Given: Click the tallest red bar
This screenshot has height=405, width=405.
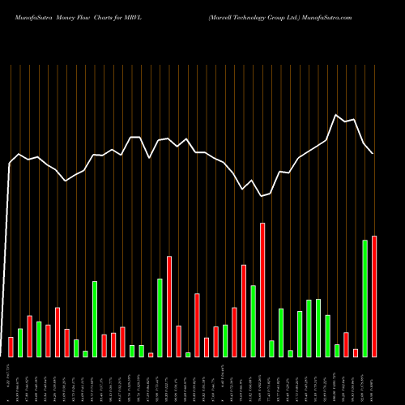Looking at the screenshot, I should [x=262, y=290].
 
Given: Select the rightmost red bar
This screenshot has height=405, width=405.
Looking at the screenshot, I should [x=374, y=296].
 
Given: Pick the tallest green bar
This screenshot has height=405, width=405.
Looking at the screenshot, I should [x=365, y=298].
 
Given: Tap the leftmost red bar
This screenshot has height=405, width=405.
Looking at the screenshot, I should [x=11, y=347].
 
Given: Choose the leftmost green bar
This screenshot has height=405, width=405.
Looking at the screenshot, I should [x=20, y=343].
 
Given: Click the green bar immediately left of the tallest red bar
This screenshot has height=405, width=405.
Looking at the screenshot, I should [x=253, y=321].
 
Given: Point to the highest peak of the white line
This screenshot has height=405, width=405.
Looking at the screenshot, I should [x=337, y=115].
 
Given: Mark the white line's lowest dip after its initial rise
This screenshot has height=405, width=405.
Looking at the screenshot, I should [x=262, y=196].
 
